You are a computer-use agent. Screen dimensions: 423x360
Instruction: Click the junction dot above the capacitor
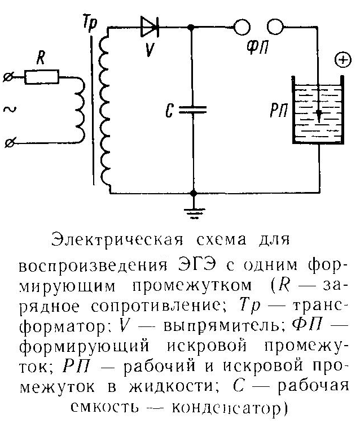[x=192, y=27]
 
